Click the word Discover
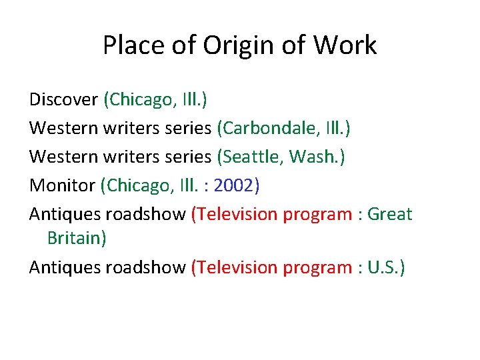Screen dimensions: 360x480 (x=63, y=100)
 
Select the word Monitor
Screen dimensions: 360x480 (x=63, y=186)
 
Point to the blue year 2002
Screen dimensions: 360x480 (x=233, y=186)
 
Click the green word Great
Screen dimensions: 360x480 (x=390, y=215)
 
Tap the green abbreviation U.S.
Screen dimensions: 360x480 (x=383, y=267)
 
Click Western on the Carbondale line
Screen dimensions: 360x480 (x=64, y=129)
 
